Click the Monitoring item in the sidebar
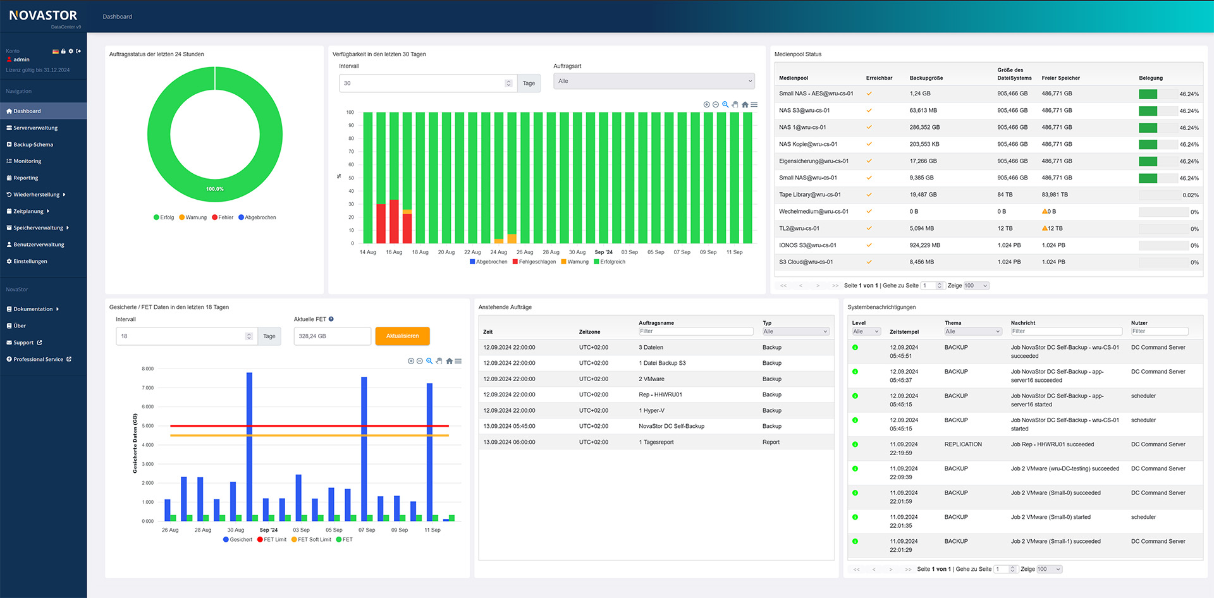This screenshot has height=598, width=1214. (27, 161)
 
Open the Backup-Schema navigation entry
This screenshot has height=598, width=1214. (33, 145)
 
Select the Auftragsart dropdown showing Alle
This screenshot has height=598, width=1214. (654, 82)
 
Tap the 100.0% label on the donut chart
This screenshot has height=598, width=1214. (215, 189)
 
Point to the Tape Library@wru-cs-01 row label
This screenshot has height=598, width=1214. (810, 195)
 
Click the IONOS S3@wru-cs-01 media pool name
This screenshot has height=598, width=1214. (807, 245)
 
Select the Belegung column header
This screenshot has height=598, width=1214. (1151, 78)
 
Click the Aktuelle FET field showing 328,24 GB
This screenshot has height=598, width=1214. (332, 336)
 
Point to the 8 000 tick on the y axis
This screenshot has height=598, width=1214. (147, 369)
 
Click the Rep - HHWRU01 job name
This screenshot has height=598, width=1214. (660, 395)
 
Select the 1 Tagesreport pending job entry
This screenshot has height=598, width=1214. (658, 442)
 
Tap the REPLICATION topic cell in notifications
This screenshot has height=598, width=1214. (963, 444)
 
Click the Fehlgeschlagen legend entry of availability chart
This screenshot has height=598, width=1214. (537, 262)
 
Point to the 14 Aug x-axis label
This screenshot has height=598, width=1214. (367, 252)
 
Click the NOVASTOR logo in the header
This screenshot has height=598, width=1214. (43, 16)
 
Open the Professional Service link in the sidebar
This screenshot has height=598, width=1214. (39, 360)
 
